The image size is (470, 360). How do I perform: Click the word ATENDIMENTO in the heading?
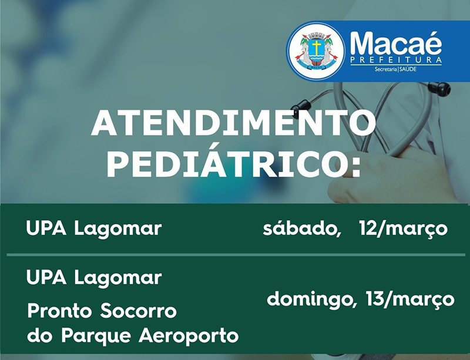[233, 124]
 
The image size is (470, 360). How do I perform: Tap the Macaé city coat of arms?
[315, 51]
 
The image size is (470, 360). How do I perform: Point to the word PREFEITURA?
[396, 60]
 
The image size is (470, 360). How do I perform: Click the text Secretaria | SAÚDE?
[395, 69]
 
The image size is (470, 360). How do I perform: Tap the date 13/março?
[409, 300]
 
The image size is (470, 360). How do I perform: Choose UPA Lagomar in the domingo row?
[94, 278]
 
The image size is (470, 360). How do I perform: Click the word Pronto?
[61, 311]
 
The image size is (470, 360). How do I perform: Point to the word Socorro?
[138, 311]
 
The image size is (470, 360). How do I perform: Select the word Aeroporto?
[189, 337]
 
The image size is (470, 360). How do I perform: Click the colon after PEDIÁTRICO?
[355, 166]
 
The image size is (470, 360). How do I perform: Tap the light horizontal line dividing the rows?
[236, 255]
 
